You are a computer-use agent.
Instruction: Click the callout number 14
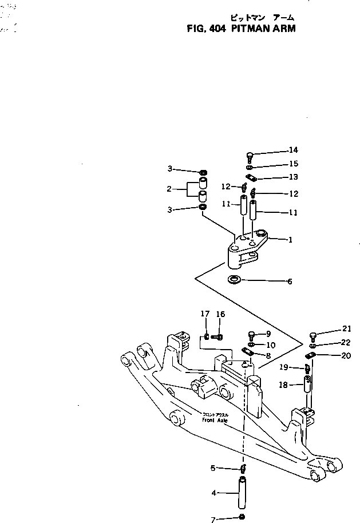pyautogui.click(x=293, y=150)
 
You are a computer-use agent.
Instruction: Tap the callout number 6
pyautogui.click(x=290, y=282)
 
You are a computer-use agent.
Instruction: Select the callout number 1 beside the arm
pyautogui.click(x=290, y=240)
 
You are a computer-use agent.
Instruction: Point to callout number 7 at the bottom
pyautogui.click(x=213, y=520)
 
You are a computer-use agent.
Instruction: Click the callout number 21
pyautogui.click(x=346, y=328)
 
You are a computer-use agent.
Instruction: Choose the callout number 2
pyautogui.click(x=169, y=188)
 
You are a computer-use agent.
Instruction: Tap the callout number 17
pyautogui.click(x=205, y=314)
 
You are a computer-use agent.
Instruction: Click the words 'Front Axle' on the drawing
pyautogui.click(x=215, y=419)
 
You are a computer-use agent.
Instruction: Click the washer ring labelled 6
pyautogui.click(x=234, y=280)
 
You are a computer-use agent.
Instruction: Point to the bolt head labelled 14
pyautogui.click(x=250, y=154)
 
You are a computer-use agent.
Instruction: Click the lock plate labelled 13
pyautogui.click(x=250, y=177)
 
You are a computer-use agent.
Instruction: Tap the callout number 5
pyautogui.click(x=213, y=468)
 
